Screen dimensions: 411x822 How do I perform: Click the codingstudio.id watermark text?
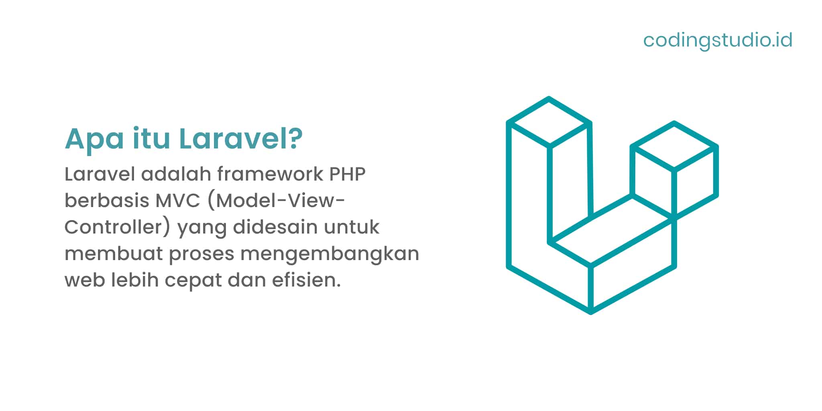click(x=718, y=40)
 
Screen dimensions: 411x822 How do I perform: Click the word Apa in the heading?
click(x=94, y=139)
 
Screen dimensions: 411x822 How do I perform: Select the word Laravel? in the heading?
click(x=240, y=139)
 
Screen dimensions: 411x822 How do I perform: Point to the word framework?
click(x=270, y=174)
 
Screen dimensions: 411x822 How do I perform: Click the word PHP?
click(x=348, y=174)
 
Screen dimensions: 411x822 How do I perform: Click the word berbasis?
click(x=107, y=200)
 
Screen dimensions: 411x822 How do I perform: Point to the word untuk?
click(x=352, y=227)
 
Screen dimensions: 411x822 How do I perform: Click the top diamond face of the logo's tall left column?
click(x=549, y=122)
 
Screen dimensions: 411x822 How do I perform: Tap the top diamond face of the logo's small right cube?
click(x=674, y=146)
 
